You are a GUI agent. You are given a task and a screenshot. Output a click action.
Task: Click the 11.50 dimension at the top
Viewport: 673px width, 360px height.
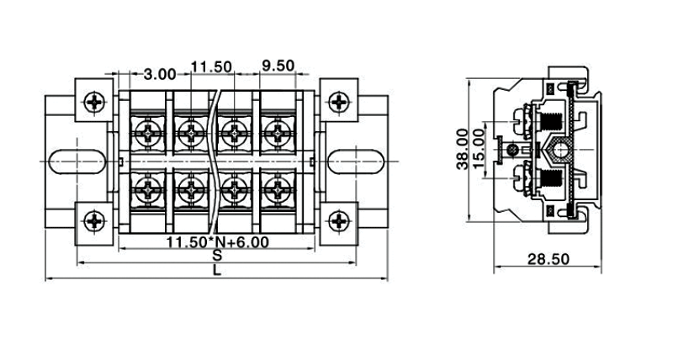pos(210,66)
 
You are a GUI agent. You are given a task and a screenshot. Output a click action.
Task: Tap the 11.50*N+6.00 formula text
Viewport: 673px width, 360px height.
pos(217,243)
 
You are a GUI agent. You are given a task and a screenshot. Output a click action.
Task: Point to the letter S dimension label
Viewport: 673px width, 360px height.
pos(217,255)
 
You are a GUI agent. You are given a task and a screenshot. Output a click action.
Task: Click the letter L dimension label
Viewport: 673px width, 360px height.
pos(217,271)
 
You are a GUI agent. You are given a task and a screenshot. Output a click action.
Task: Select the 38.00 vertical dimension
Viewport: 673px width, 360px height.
pos(462,150)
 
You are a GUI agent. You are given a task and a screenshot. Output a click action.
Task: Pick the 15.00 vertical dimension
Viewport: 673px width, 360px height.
pos(479,150)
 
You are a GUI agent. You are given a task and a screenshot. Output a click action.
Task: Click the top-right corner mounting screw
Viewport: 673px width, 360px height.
pos(338,102)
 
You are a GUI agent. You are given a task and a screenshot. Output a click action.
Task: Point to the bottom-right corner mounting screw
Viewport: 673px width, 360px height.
pos(338,222)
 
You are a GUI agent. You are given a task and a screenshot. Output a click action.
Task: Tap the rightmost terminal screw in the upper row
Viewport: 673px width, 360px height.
pos(276,132)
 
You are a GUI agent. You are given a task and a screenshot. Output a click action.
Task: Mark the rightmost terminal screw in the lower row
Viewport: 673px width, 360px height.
pos(276,188)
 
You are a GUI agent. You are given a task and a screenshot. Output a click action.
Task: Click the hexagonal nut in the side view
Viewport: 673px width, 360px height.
pos(555,151)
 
